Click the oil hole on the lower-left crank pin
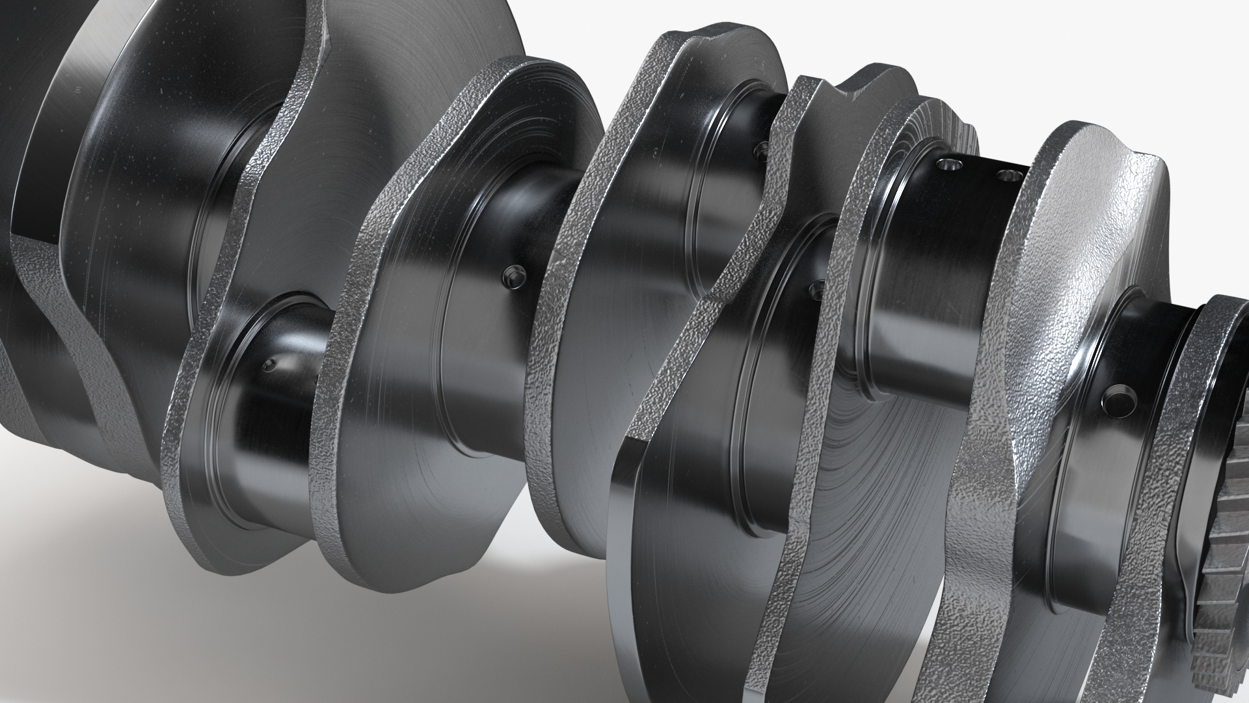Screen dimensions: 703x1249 click(x=269, y=365)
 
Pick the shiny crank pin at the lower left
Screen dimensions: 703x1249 click(x=273, y=423)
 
